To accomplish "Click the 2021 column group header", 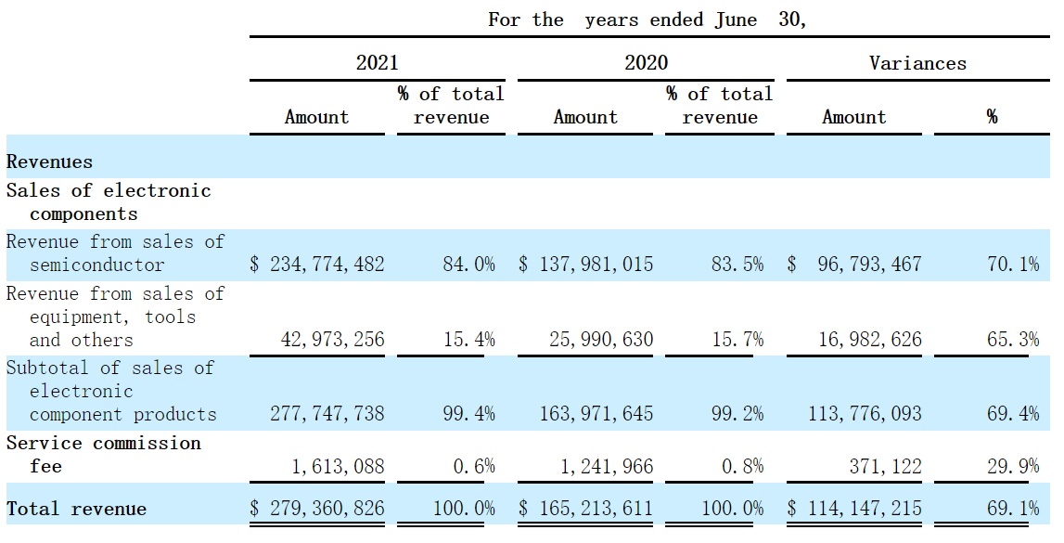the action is [378, 63].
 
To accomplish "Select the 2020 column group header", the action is [646, 63].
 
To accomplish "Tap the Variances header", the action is [917, 63].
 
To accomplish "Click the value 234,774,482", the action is [327, 264].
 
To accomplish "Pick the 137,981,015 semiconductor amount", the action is [596, 264].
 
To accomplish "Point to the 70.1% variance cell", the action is [1013, 264].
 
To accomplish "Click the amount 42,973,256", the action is [332, 339].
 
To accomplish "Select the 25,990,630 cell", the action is [601, 339].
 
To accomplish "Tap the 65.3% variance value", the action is [1013, 339].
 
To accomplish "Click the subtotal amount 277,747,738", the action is [327, 413].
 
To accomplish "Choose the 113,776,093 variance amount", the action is [865, 413].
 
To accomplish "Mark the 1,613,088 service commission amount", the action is [338, 466].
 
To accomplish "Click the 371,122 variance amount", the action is [886, 466].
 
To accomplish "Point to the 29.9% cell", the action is [1013, 466].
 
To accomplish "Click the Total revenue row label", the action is [77, 509].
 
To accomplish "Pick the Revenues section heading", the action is [49, 162].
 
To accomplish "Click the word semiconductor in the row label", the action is [97, 264].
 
